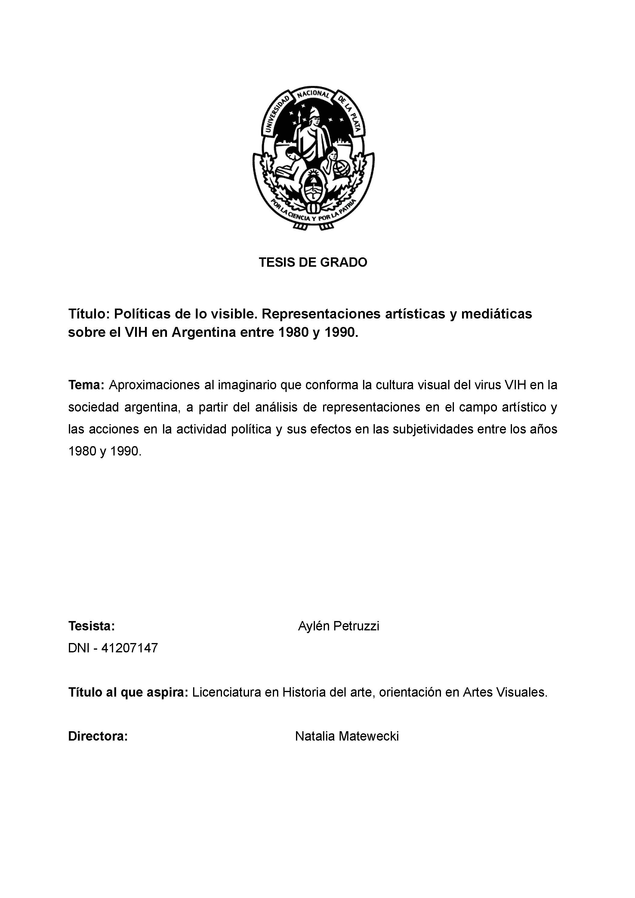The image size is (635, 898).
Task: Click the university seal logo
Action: [x=313, y=157]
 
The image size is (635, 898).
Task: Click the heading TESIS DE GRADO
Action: [x=313, y=263]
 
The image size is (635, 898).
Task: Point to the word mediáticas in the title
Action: [x=496, y=314]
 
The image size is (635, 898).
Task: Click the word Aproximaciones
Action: [x=154, y=385]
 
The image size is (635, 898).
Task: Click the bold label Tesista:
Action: [x=91, y=626]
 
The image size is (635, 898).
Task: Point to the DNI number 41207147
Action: [x=129, y=648]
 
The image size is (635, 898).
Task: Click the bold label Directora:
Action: [x=98, y=736]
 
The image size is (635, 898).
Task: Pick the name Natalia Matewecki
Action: [x=347, y=736]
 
